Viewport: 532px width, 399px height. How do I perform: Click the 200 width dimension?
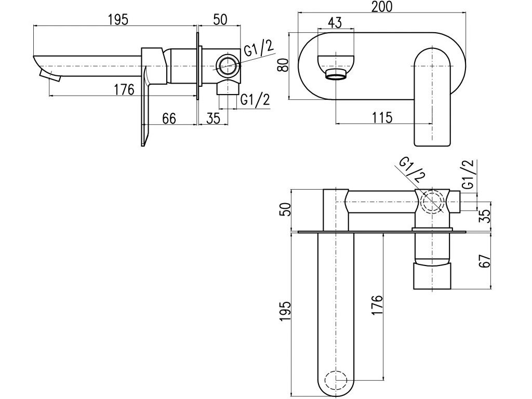tap(382, 7)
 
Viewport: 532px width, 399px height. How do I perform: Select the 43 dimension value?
tap(335, 23)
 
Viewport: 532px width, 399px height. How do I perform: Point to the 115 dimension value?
tap(382, 118)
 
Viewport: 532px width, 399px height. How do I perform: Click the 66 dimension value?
tap(169, 118)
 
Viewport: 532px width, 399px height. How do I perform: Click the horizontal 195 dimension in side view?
tap(118, 19)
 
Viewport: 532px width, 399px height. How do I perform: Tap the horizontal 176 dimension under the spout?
tap(124, 89)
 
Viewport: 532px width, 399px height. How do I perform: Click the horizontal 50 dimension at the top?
tap(220, 19)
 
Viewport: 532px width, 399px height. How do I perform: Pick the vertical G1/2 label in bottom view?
tap(469, 175)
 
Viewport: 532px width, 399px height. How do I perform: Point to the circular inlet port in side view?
tap(227, 65)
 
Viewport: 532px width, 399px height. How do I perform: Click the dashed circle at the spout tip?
tap(336, 380)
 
